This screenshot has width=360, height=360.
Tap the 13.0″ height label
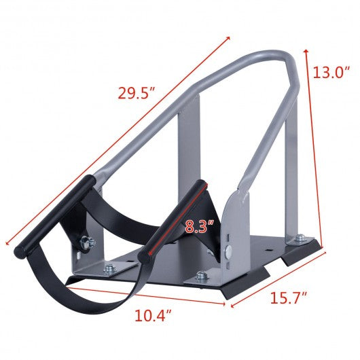[x=331, y=72]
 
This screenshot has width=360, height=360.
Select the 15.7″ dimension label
[x=289, y=298]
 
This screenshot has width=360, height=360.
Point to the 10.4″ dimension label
[x=154, y=315]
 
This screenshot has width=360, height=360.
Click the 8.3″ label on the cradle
[x=199, y=227]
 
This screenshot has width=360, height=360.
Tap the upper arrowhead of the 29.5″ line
[x=228, y=38]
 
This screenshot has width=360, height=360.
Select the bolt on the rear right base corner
[x=300, y=238]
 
